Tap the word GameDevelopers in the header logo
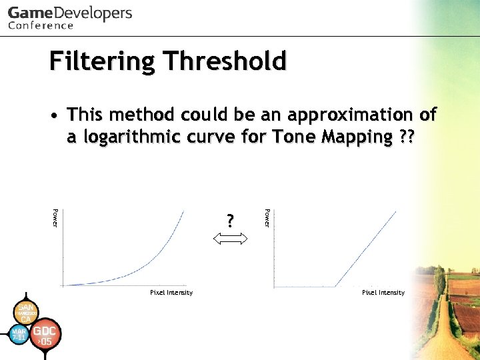[70, 13]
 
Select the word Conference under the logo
[41, 26]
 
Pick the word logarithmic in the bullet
[135, 137]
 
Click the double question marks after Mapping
[405, 137]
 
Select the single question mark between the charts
[230, 221]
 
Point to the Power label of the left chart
[55, 217]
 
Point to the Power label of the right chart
[267, 217]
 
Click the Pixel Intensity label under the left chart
[171, 293]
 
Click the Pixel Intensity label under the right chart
[383, 293]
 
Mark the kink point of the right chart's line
[335, 286]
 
